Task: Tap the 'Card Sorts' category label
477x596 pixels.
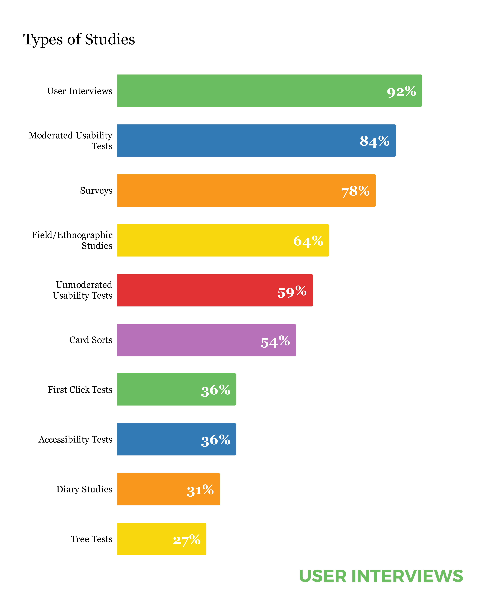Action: (91, 340)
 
